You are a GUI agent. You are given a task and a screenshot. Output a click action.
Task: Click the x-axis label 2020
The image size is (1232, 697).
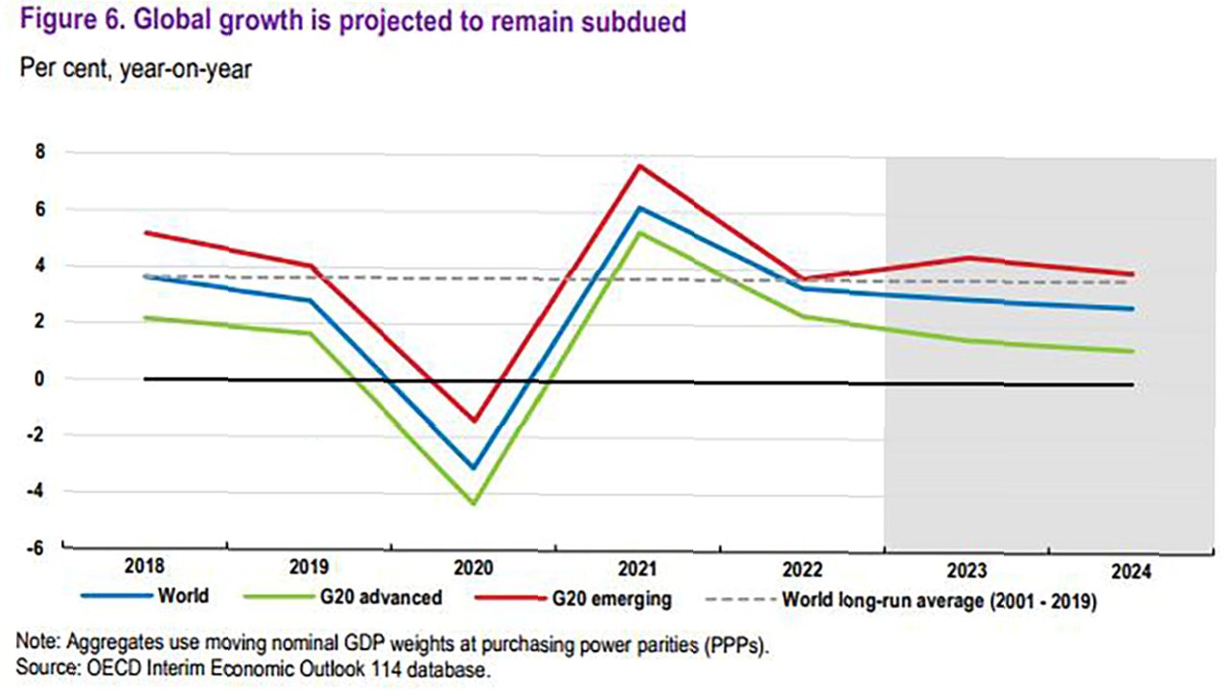pos(474,569)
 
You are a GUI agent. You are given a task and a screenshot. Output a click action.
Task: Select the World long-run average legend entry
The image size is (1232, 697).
pos(939,600)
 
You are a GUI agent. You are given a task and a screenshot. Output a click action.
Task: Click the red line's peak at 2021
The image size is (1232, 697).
pos(638,166)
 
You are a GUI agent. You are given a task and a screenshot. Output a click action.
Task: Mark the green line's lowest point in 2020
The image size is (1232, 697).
pos(474,503)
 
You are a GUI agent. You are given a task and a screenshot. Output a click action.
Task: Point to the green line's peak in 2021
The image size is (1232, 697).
pos(638,232)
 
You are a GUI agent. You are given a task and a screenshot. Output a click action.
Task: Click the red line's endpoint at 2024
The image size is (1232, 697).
pos(1132,275)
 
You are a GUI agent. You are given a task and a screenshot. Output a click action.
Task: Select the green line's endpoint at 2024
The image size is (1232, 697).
pos(1132,352)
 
